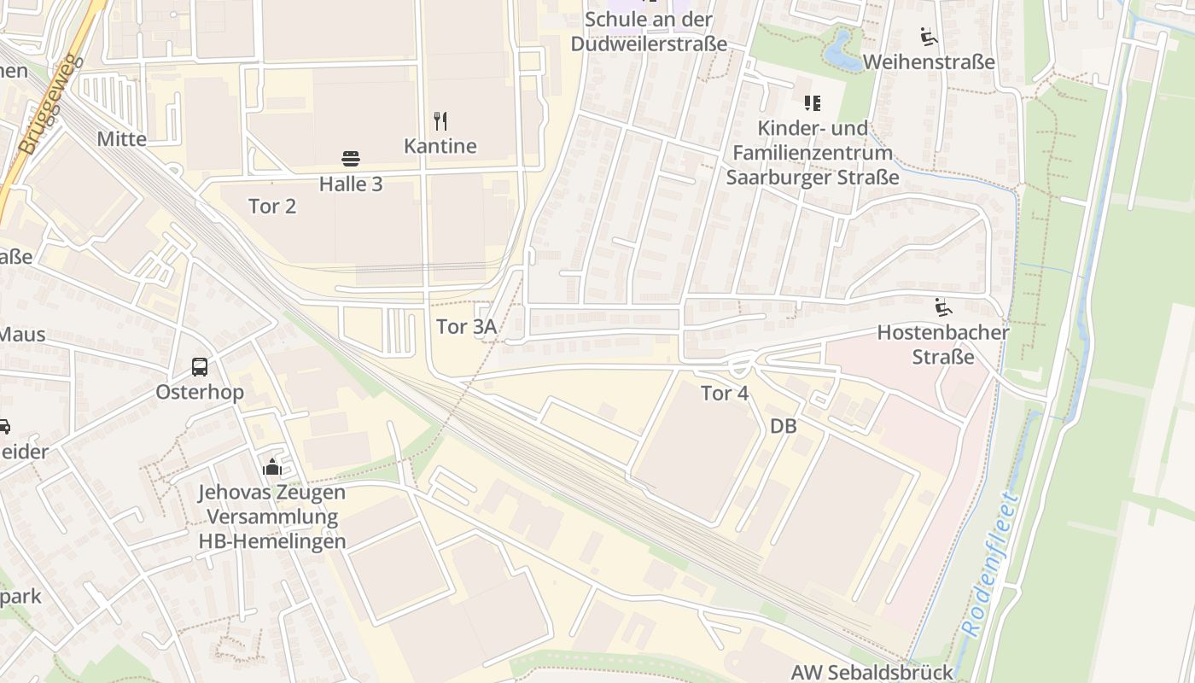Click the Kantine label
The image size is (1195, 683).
440,146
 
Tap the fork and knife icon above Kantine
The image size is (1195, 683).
440,120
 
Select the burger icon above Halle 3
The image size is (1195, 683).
351,158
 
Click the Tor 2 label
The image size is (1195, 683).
272,206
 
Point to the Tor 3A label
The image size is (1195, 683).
466,326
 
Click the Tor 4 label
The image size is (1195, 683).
725,394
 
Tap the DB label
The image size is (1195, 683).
783,425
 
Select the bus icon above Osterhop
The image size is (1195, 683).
200,367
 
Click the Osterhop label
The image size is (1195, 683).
200,393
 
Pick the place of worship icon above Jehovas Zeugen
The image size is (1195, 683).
272,466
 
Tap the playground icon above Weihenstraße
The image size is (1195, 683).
929,37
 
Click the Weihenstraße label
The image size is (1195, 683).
929,62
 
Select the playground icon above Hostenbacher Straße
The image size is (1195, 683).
943,306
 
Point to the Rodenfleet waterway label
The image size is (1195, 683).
990,563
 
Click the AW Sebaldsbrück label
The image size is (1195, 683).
883,672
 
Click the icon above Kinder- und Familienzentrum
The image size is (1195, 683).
813,103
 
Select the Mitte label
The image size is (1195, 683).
122,138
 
